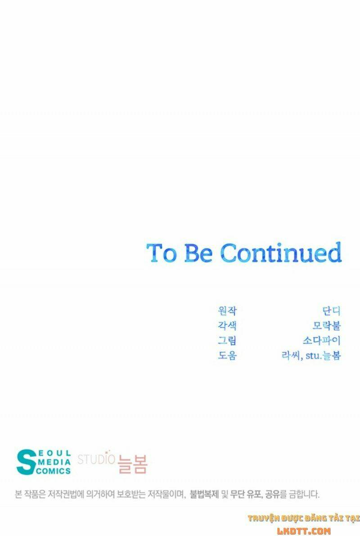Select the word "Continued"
281,252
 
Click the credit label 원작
227,311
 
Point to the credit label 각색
227,325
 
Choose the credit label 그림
227,341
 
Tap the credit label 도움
227,356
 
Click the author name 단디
332,311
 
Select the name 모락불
327,325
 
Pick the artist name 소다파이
322,341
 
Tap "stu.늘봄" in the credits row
324,356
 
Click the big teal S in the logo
26,462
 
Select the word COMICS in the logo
54,471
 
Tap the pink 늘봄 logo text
133,464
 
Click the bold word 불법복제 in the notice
204,494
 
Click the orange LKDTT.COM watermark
304,531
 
